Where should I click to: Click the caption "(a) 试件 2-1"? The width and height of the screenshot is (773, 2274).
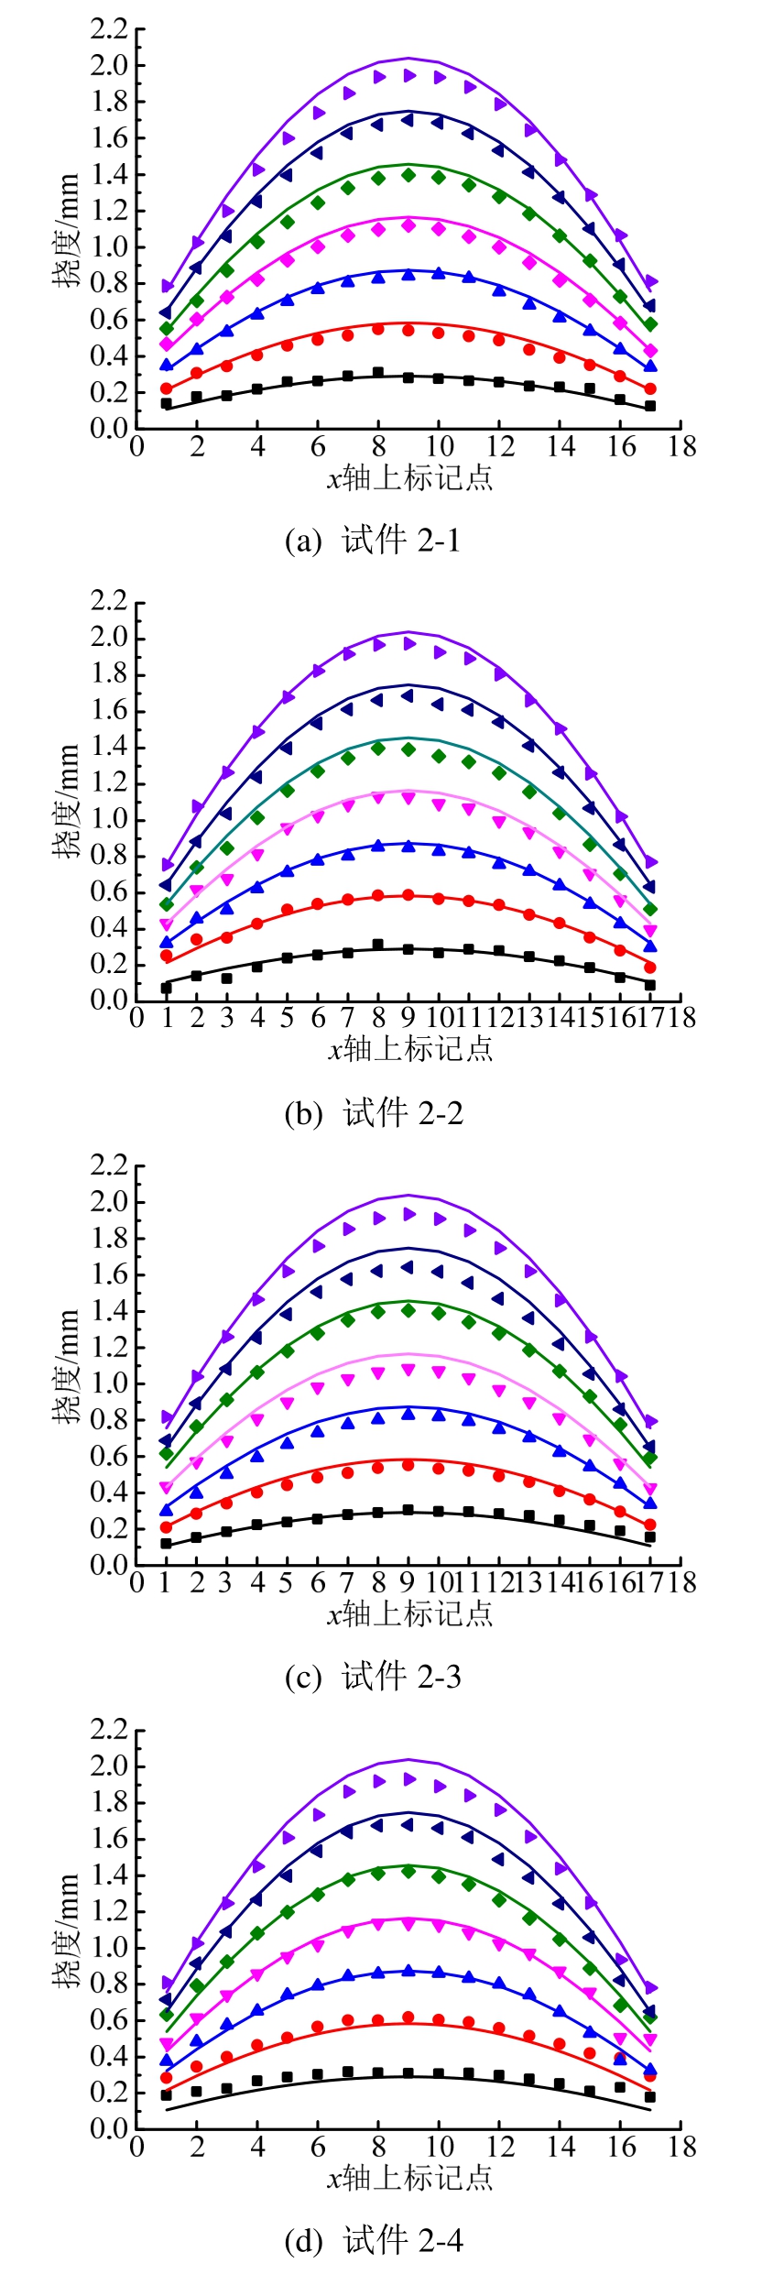tap(373, 541)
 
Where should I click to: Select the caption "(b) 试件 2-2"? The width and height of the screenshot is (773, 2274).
tap(374, 1113)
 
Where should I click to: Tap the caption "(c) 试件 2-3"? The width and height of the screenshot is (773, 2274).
tap(373, 1677)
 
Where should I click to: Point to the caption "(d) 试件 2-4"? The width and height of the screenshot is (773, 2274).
tap(374, 2240)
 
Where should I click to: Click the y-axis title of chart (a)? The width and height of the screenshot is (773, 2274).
tap(66, 230)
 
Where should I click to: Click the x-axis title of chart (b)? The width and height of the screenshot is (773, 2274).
tap(410, 1048)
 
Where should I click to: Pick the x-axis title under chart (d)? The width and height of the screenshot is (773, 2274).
tap(410, 2176)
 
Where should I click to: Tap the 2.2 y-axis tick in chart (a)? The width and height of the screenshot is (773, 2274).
tap(109, 29)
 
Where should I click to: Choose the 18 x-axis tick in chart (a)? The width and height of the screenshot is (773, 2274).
tap(681, 447)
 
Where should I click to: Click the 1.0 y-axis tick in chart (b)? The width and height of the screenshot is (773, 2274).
tap(109, 819)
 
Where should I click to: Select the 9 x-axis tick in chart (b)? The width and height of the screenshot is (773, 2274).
tap(408, 1018)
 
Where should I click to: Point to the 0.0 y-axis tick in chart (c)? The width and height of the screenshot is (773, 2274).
tap(109, 1565)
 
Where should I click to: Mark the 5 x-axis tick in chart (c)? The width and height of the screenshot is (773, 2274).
tap(287, 1582)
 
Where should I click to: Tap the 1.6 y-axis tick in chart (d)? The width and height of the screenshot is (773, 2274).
tap(109, 1839)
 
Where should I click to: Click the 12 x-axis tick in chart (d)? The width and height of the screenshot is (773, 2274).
tap(500, 2146)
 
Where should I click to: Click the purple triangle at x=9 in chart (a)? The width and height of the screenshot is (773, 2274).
tap(409, 76)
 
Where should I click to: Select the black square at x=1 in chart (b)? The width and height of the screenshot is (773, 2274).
tap(167, 988)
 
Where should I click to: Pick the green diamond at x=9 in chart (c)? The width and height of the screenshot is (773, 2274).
tap(408, 1310)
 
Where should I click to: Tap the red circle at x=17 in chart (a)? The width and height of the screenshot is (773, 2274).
tap(650, 388)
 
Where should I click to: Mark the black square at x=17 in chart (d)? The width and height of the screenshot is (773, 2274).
tap(650, 2096)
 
